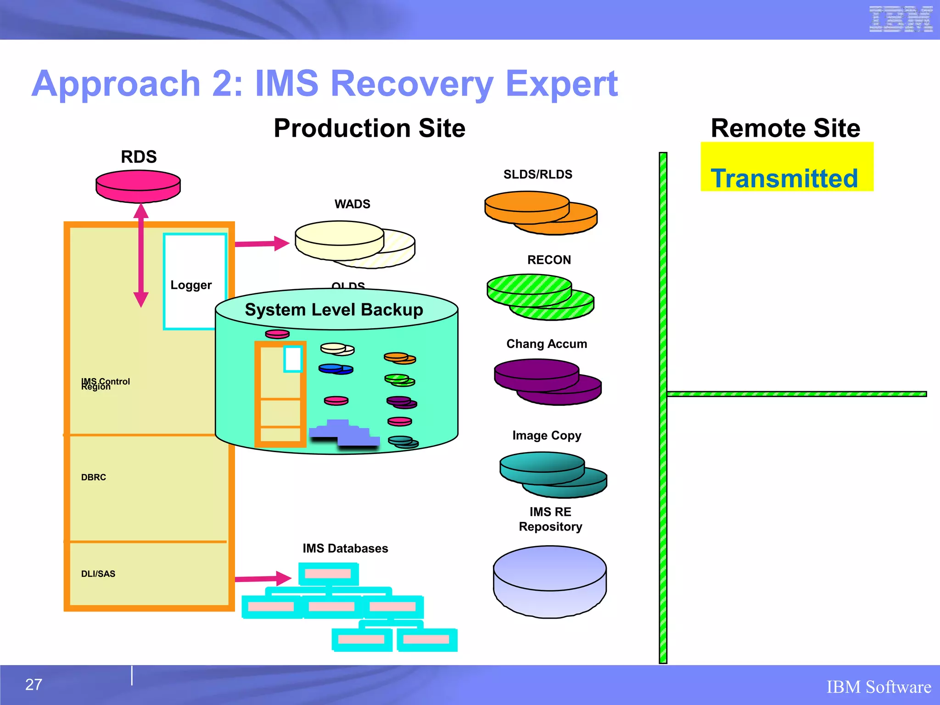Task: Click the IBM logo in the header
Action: (901, 19)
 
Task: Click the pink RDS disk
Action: (138, 186)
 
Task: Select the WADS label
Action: (352, 204)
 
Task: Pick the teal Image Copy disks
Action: (552, 474)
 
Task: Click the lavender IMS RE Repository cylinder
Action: (549, 581)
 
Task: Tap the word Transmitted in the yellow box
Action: (784, 178)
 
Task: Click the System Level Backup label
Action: (334, 309)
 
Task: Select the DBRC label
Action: (94, 477)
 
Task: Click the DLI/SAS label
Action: (98, 574)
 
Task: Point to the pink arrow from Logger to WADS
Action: (262, 243)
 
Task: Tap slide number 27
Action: (34, 685)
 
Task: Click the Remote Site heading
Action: (785, 128)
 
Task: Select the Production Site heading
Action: (369, 128)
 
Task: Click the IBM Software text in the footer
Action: (878, 687)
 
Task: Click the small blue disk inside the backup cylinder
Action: (335, 369)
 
